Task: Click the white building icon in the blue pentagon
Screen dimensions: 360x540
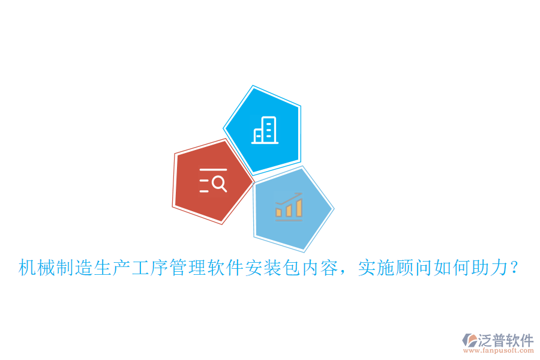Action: click(265, 130)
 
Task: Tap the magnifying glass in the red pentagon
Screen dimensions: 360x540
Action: click(220, 184)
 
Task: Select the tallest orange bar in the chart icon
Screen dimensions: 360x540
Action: click(298, 207)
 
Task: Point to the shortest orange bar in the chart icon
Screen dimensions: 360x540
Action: click(279, 212)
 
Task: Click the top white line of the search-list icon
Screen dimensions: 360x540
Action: click(213, 170)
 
